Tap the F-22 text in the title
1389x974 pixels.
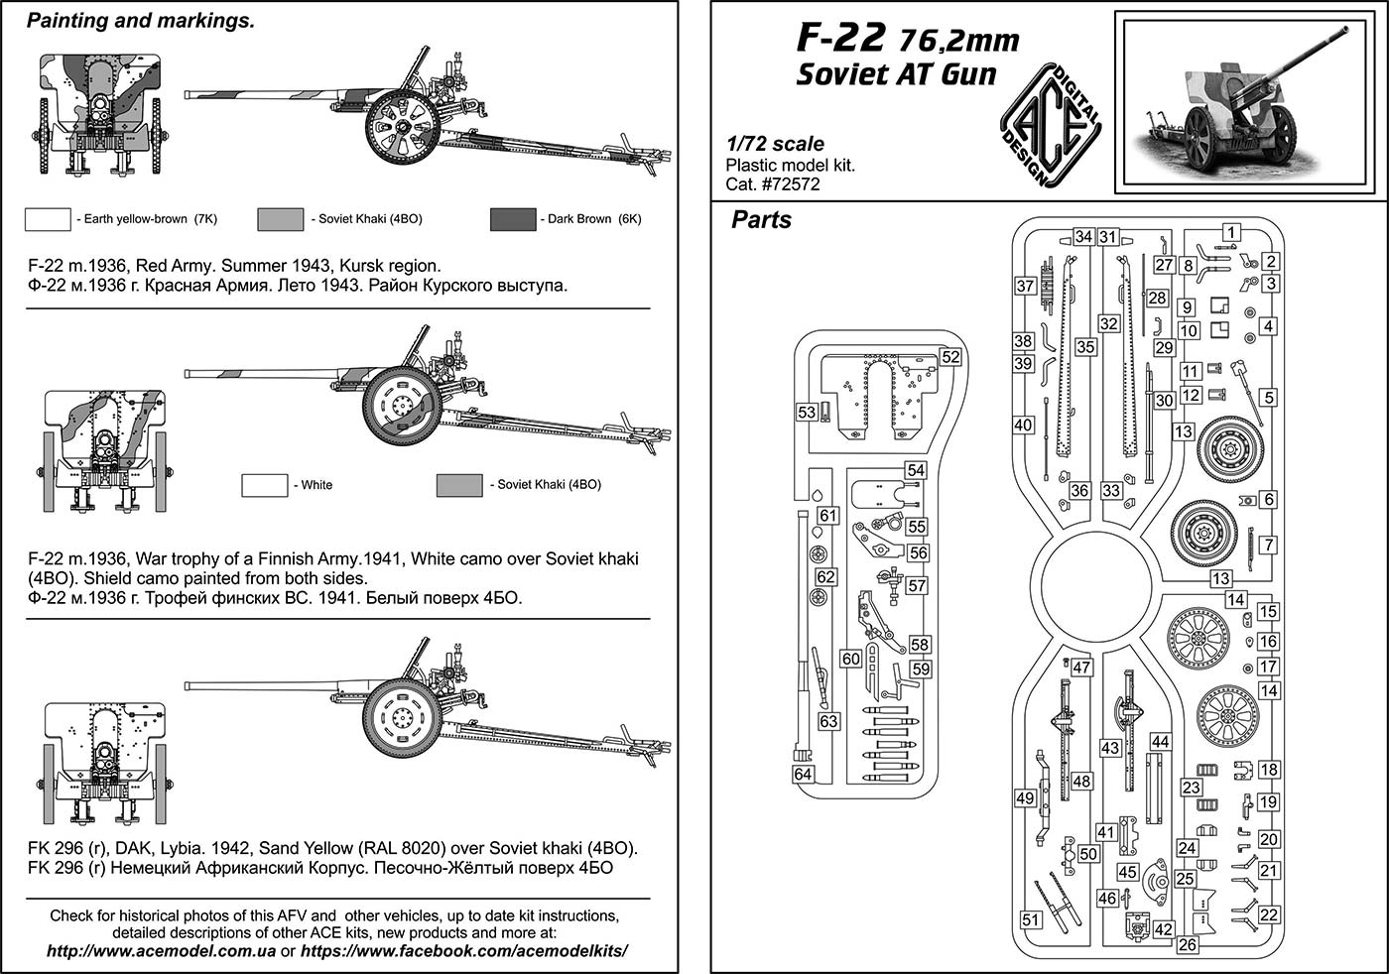pos(840,38)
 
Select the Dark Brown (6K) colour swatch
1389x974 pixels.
pos(512,219)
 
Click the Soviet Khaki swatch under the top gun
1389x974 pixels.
pos(280,219)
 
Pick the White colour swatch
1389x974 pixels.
pos(264,485)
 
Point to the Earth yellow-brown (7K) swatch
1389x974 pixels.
pos(47,219)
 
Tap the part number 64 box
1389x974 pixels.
pos(803,774)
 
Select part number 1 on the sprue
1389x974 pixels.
pos(1230,233)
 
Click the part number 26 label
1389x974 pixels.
pos(1188,944)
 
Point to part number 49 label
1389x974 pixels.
pos(1025,797)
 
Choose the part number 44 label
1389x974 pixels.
pos(1159,742)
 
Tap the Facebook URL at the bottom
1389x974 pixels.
pos(463,950)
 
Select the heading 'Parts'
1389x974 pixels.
pos(761,220)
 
